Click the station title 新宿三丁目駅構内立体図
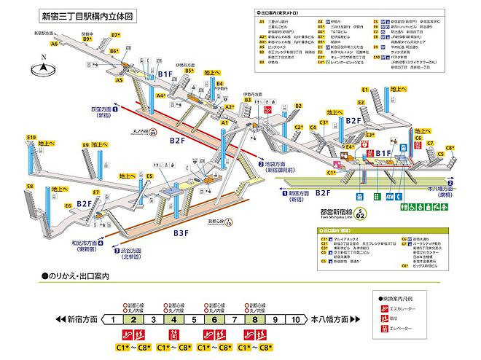[x=90, y=15]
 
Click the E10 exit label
[x=31, y=137]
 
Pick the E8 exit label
[x=30, y=187]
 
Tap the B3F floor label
[x=181, y=232]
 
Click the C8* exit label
[x=450, y=148]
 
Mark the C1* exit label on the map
[x=332, y=173]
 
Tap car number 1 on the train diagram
[x=113, y=319]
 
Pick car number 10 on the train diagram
[x=295, y=319]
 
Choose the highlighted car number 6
[x=214, y=319]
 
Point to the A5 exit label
[x=119, y=81]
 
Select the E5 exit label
[x=149, y=176]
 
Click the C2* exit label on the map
[x=298, y=127]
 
